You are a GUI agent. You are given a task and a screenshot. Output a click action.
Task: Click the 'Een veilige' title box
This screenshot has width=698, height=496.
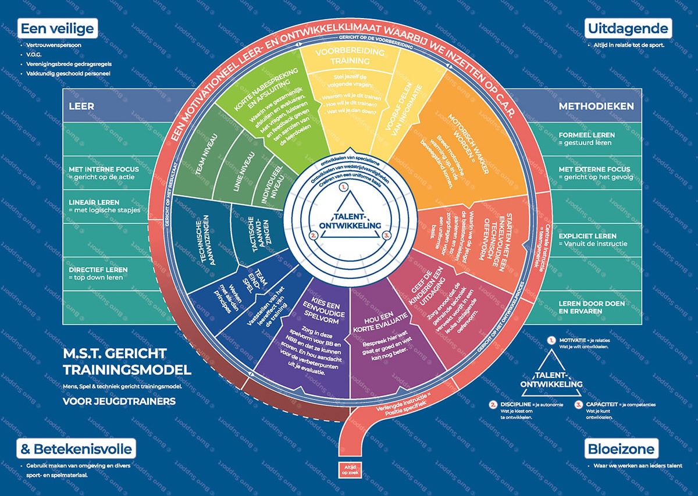[57, 28]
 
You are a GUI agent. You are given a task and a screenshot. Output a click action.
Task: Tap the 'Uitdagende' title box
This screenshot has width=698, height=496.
[628, 28]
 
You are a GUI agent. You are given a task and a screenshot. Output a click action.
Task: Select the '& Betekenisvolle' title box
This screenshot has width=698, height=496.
[76, 449]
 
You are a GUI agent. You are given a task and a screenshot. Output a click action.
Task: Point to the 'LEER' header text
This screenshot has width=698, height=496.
[81, 106]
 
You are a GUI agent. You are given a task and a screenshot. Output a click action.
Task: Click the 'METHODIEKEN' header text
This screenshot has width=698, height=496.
[596, 106]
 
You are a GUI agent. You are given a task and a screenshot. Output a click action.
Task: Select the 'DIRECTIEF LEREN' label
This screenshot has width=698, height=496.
[98, 270]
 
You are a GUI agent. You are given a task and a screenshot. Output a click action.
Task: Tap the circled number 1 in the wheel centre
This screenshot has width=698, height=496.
[344, 187]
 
